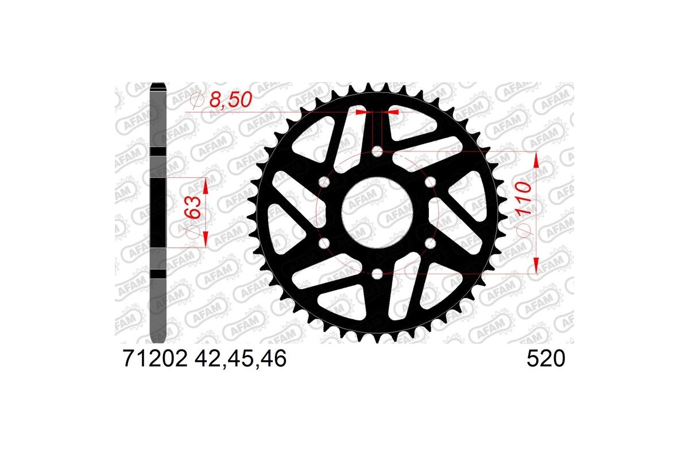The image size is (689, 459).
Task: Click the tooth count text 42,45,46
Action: (241, 360)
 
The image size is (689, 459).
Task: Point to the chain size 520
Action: (545, 360)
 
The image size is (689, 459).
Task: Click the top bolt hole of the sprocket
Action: (377, 151)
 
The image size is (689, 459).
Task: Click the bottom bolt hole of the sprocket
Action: (377, 274)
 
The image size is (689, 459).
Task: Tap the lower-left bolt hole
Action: (324, 243)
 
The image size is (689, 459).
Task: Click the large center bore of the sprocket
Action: (377, 213)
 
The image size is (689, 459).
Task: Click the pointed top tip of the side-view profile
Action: (158, 86)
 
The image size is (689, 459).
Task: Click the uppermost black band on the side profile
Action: (158, 151)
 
